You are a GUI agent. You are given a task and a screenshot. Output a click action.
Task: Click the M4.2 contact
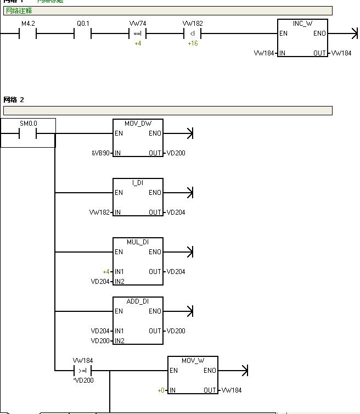coord(27,34)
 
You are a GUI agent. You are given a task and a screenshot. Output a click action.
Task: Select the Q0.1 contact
coord(82,34)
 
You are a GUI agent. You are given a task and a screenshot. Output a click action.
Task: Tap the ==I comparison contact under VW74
coord(137,34)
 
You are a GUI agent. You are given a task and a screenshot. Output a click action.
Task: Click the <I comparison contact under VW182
coord(192,34)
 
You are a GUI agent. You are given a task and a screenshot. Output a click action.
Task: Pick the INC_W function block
coord(302,38)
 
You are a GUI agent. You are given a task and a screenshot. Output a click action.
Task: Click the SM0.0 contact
coord(28,133)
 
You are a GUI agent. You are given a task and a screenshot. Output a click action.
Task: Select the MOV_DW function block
coord(138,138)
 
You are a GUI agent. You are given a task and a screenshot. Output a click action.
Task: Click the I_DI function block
coord(138,197)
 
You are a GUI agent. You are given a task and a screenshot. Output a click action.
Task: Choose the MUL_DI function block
coord(138,261)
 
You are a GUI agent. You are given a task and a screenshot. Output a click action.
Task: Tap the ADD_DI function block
coord(138,320)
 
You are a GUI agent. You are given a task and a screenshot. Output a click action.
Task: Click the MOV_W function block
coord(193,375)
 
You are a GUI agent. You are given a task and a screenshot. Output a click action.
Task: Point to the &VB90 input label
coord(102,153)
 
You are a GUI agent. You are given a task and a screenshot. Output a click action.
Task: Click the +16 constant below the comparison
coord(193,43)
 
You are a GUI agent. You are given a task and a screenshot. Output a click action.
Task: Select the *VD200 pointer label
coord(83,380)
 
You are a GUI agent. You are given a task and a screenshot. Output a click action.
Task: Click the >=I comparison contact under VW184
coord(83,371)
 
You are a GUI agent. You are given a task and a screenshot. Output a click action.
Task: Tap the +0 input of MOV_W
coord(161,390)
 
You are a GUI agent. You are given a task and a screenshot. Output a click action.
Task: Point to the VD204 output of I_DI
coord(176,212)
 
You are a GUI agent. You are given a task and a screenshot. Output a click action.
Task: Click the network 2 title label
coord(14,100)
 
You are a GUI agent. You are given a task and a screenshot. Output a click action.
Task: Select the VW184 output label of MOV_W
coord(231,390)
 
